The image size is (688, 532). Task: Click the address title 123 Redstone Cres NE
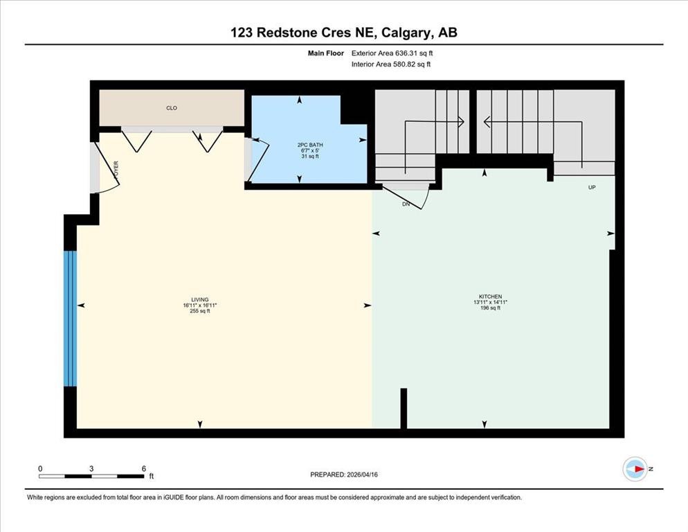coord(344,32)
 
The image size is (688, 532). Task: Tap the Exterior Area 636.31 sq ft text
coord(392,53)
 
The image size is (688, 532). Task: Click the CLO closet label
coord(172,108)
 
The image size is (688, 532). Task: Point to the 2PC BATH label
coord(309,145)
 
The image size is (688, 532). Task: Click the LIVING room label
coord(200,300)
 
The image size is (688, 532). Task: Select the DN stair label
coord(406,204)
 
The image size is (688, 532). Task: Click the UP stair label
coord(591,188)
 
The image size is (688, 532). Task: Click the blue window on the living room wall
coord(69,318)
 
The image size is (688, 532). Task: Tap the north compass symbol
coord(635,469)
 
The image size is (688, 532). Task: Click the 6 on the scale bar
coord(143,468)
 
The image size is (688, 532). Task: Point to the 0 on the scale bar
coord(40,468)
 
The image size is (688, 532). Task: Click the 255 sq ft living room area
coord(199,311)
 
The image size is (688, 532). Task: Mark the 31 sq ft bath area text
coord(309,156)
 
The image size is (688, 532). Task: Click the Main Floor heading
coord(326,53)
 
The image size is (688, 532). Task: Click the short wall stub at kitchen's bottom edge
coord(404,409)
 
